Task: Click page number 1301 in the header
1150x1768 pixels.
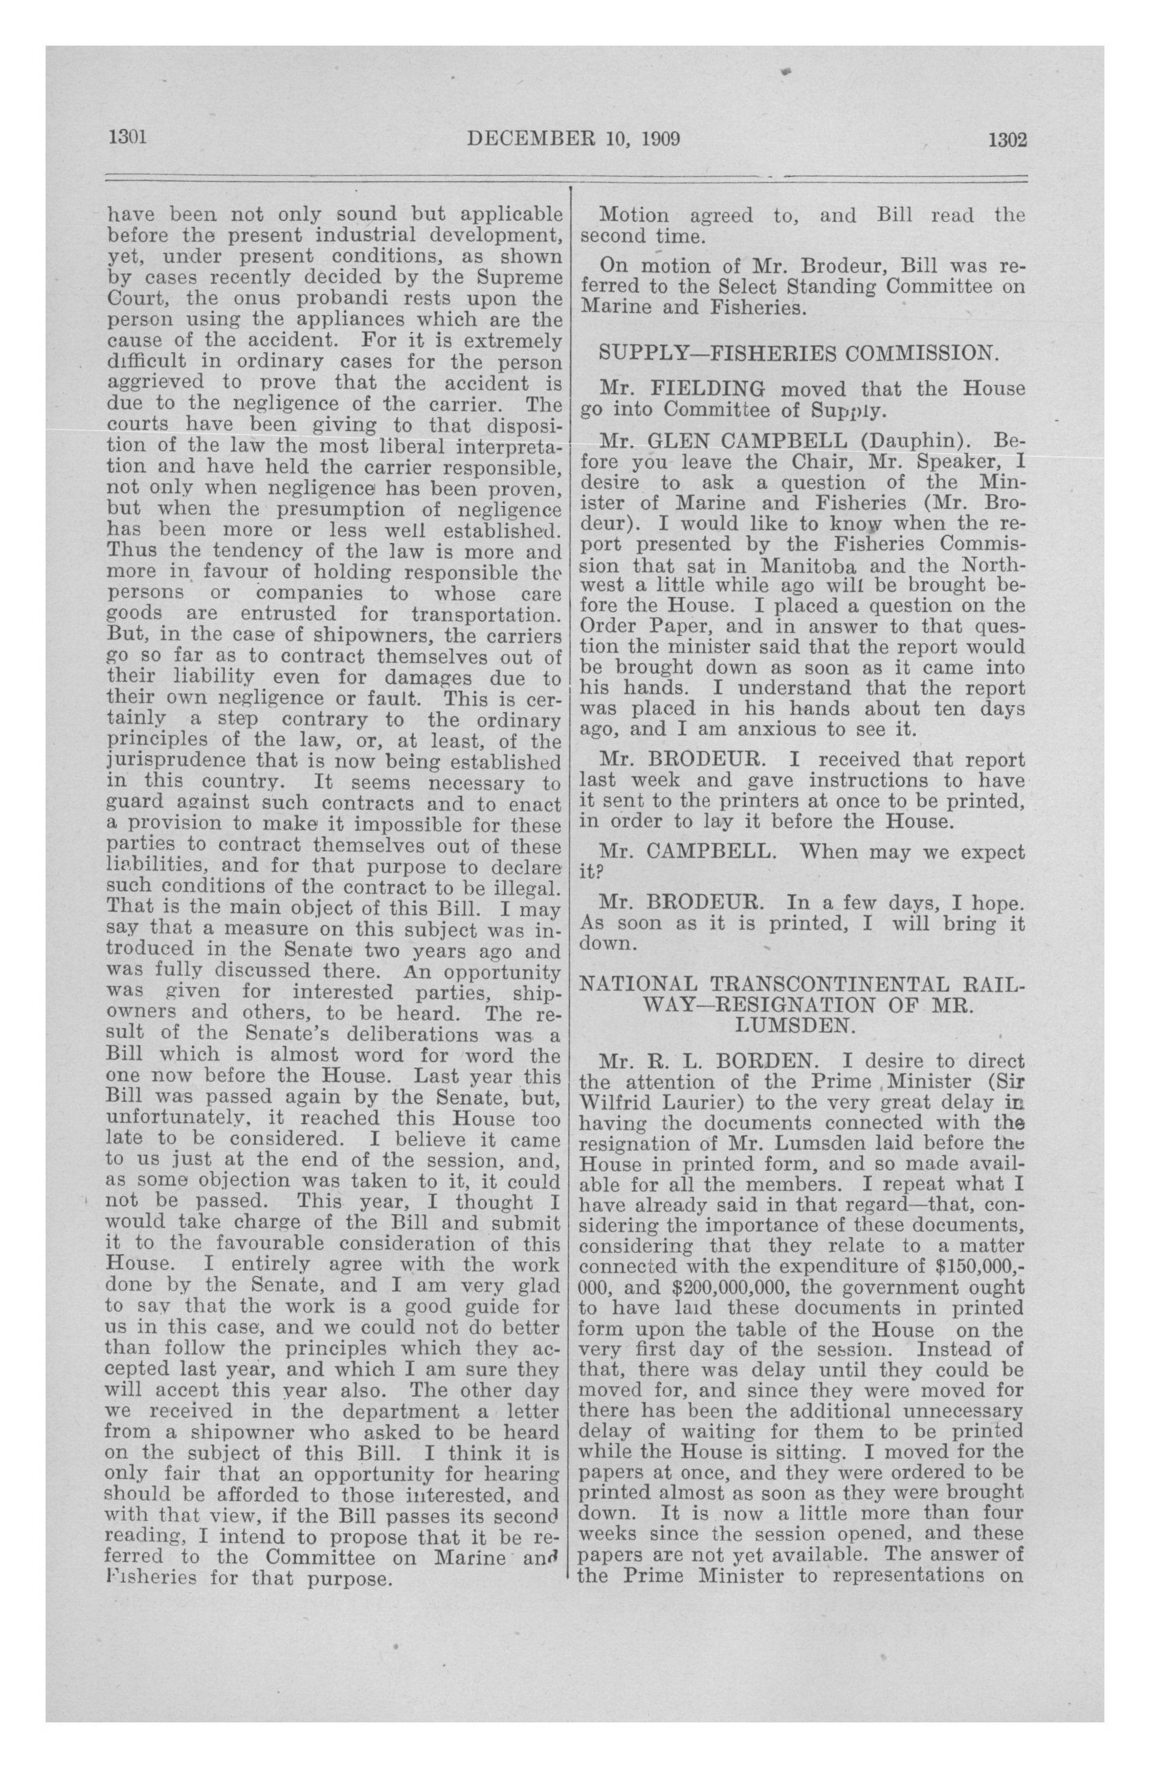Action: [128, 138]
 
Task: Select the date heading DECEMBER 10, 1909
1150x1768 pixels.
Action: [574, 139]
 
